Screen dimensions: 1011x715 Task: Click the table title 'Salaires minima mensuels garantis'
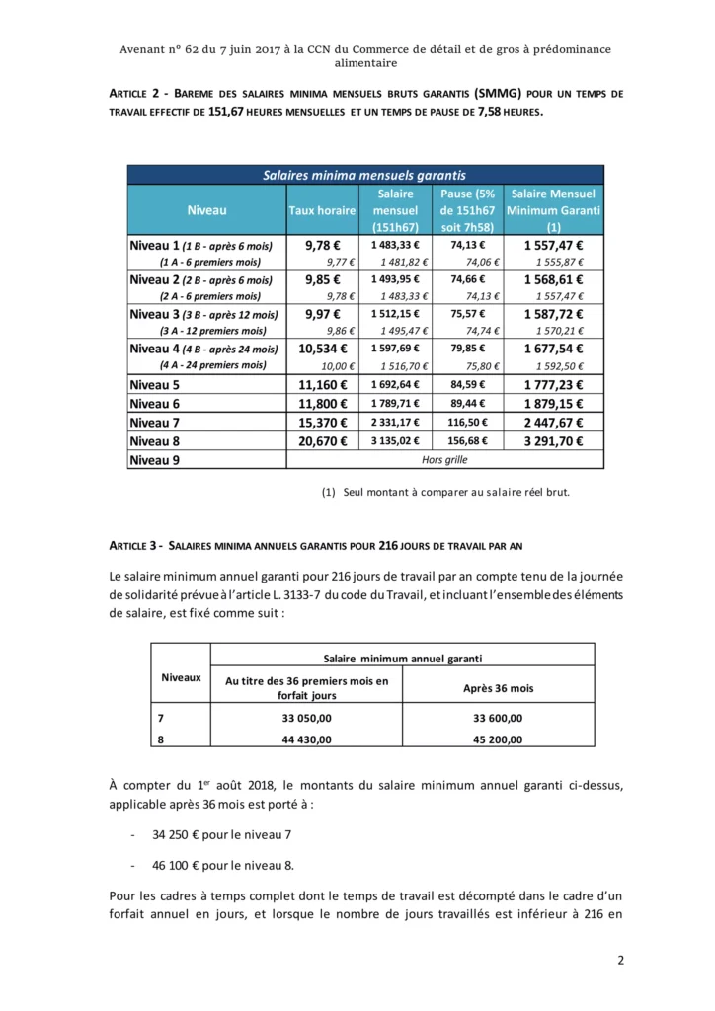pyautogui.click(x=365, y=175)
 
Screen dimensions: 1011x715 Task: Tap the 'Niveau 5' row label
pyautogui.click(x=156, y=385)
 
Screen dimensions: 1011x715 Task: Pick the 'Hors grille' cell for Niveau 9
pyautogui.click(x=444, y=459)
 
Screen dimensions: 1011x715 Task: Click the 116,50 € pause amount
pyautogui.click(x=471, y=423)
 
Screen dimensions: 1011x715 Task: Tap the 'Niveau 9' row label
pyautogui.click(x=156, y=459)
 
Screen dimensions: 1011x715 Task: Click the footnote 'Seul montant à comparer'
pyautogui.click(x=455, y=492)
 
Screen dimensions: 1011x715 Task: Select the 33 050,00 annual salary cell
pyautogui.click(x=307, y=719)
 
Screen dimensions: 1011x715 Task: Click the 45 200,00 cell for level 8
pyautogui.click(x=499, y=739)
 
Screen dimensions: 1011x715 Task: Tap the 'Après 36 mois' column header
pyautogui.click(x=499, y=688)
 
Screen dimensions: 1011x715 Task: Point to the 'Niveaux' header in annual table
pyautogui.click(x=182, y=677)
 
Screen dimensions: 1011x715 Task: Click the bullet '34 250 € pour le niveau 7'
pyautogui.click(x=222, y=834)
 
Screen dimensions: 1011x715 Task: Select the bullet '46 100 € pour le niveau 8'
pyautogui.click(x=223, y=865)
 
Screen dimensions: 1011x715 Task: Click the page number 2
pyautogui.click(x=621, y=961)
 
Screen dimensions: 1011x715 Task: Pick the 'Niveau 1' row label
pyautogui.click(x=156, y=245)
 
